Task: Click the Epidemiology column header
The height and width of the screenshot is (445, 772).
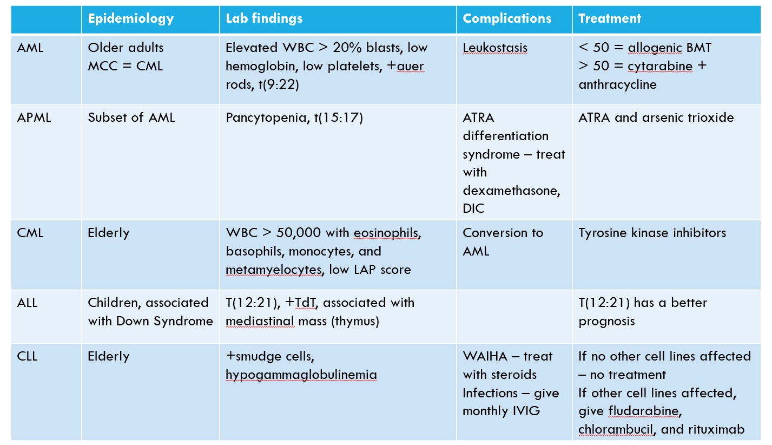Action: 130,18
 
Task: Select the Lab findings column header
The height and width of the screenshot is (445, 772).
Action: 264,18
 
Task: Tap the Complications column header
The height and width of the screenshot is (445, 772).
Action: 507,18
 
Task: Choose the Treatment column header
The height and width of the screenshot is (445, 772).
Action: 610,18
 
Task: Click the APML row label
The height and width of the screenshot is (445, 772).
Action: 34,117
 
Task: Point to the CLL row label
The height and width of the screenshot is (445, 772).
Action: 27,356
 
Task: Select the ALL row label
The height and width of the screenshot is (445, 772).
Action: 27,303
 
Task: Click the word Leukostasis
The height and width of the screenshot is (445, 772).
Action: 494,48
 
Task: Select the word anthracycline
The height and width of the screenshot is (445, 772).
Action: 617,84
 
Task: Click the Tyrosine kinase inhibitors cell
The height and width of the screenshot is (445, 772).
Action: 652,233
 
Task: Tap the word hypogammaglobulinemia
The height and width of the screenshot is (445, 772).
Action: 301,375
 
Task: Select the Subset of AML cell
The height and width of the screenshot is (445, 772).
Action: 131,117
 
